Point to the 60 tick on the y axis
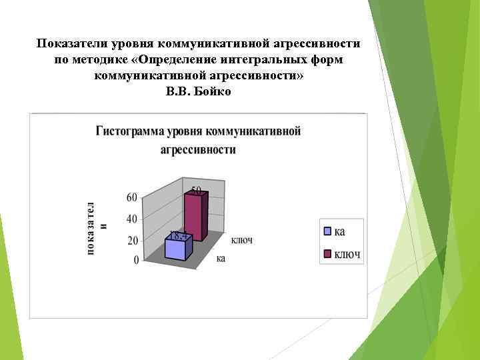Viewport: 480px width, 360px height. point(131,197)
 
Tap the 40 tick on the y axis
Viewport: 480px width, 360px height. point(131,219)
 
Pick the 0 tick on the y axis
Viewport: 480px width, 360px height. point(135,260)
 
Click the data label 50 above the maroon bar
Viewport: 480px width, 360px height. point(198,191)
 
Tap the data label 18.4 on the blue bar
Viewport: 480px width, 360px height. point(177,235)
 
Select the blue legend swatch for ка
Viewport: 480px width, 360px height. point(327,231)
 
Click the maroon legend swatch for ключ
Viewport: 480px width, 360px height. point(327,253)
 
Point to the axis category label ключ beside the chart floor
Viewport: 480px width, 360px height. point(241,240)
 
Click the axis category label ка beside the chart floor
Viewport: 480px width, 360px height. point(220,258)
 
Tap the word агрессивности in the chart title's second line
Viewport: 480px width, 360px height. point(198,149)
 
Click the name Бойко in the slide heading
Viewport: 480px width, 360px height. point(213,91)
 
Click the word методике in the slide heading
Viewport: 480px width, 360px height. point(103,59)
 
